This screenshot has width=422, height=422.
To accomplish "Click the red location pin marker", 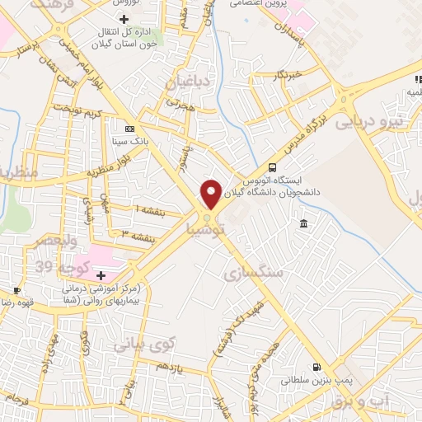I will pos(211,195).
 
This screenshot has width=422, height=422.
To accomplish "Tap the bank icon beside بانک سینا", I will pos(129,129).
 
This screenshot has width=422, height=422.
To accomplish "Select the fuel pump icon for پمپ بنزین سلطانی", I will pos(316,368).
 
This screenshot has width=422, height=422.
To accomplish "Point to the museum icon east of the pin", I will pos(304,224).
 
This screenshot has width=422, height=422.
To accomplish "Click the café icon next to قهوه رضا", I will pos(16,290).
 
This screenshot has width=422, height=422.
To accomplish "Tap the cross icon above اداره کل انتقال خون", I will pos(124,18).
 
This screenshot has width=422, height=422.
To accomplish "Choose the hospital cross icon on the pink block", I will pos(101,275).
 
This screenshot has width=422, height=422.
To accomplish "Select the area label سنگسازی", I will pos(253,270).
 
